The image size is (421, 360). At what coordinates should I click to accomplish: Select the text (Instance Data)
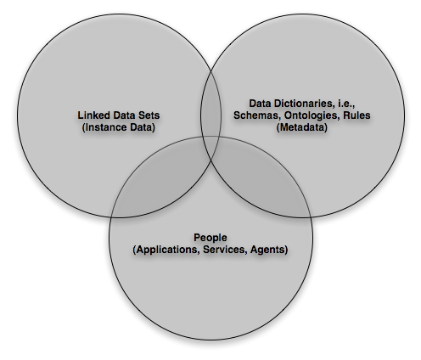tap(119, 127)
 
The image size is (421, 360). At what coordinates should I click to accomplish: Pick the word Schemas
tap(257, 115)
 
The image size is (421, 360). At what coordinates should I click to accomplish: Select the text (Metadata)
tap(302, 127)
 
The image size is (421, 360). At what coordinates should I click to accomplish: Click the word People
tap(210, 238)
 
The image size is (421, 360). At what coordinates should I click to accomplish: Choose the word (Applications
tap(166, 250)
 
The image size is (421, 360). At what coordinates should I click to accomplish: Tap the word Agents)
tap(269, 250)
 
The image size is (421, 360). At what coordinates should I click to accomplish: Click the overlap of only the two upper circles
tap(210, 110)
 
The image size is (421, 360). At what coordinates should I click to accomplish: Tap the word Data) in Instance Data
tap(143, 127)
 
